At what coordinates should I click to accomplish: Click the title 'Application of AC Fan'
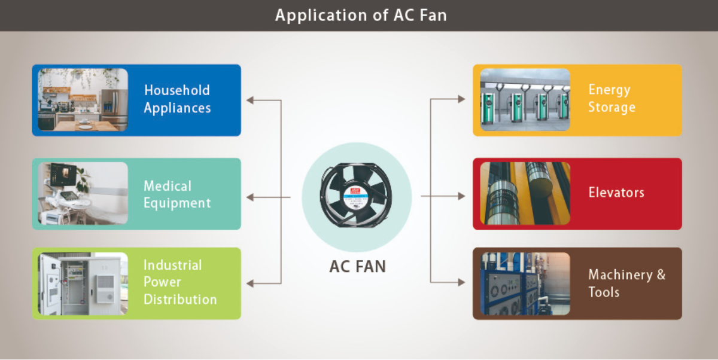pyautogui.click(x=361, y=16)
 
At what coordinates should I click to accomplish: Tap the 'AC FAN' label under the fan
pyautogui.click(x=357, y=267)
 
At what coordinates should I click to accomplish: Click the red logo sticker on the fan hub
pyautogui.click(x=355, y=191)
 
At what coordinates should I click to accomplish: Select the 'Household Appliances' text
pyautogui.click(x=177, y=99)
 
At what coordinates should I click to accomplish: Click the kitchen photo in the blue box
pyautogui.click(x=83, y=100)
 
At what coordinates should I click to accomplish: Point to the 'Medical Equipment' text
pyautogui.click(x=177, y=194)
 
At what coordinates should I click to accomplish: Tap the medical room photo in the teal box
pyautogui.click(x=83, y=193)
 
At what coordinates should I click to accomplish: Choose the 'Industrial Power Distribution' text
pyautogui.click(x=180, y=282)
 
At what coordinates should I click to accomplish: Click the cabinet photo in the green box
pyautogui.click(x=83, y=284)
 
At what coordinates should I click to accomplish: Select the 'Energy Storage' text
pyautogui.click(x=611, y=98)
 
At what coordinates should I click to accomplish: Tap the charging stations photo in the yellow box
pyautogui.click(x=525, y=100)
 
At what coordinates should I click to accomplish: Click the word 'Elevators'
pyautogui.click(x=616, y=193)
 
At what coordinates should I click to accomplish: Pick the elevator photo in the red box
pyautogui.click(x=525, y=193)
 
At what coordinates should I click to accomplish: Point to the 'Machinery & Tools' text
pyautogui.click(x=626, y=283)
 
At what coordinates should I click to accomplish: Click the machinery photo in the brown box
pyautogui.click(x=525, y=284)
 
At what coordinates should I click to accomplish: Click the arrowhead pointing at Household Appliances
pyautogui.click(x=250, y=100)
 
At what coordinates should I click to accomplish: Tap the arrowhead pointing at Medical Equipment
pyautogui.click(x=250, y=197)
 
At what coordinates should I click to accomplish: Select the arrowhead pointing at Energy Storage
pyautogui.click(x=461, y=99)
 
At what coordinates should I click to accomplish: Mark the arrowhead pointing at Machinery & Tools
pyautogui.click(x=461, y=282)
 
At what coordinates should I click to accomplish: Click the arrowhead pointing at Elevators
pyautogui.click(x=461, y=196)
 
